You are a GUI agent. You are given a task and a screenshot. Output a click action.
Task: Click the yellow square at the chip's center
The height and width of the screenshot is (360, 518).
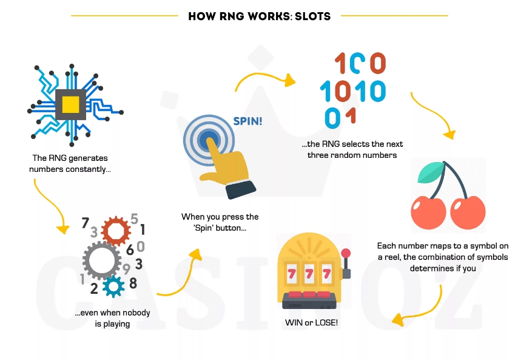[x=71, y=104]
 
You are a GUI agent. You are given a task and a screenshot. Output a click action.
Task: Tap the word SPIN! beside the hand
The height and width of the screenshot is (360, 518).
[x=247, y=121]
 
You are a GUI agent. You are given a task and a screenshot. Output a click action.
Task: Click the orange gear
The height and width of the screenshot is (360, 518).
[x=115, y=231]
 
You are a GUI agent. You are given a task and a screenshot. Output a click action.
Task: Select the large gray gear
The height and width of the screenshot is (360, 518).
[x=102, y=260]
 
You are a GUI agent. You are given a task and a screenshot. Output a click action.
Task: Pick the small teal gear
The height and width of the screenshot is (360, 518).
[x=113, y=287]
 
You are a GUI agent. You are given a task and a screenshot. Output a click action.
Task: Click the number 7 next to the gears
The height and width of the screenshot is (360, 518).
[x=86, y=223]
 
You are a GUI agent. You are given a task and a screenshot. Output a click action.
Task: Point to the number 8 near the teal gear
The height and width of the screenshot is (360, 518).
[x=133, y=283]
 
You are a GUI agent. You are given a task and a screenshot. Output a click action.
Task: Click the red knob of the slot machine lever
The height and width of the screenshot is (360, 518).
[x=346, y=254]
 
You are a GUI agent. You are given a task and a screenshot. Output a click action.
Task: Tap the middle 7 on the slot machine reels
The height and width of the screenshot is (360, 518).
[x=309, y=274]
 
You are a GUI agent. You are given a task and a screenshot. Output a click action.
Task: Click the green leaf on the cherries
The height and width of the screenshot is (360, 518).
[x=431, y=172]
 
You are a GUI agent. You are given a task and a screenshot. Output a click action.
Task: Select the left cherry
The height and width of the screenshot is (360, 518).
[x=428, y=212]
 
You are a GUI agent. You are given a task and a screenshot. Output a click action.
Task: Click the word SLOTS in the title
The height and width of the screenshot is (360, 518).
[x=312, y=16]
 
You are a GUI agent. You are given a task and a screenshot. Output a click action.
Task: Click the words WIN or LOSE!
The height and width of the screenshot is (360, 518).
[x=311, y=322]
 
